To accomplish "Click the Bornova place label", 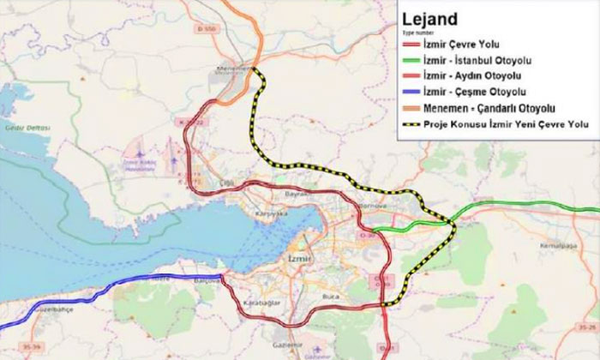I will pos(369,206).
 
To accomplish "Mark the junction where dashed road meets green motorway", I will pos(450,223).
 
